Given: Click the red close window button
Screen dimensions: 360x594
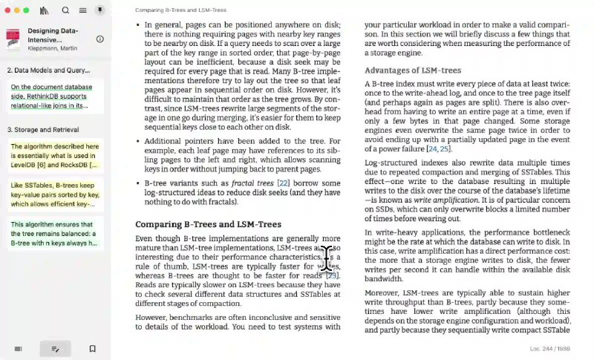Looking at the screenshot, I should [7, 10].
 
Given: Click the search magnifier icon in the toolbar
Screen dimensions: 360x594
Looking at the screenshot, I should [65, 10].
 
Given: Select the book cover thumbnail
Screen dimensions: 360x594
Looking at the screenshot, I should [13, 39].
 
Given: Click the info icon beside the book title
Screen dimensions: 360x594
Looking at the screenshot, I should [100, 39].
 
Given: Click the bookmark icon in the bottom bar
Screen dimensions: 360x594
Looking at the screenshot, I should [93, 348].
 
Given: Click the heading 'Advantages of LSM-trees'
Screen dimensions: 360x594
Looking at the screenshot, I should [413, 71].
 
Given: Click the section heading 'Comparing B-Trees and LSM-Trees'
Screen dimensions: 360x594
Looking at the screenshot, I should [209, 223].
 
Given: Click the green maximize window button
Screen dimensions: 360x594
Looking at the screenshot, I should [26, 10].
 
